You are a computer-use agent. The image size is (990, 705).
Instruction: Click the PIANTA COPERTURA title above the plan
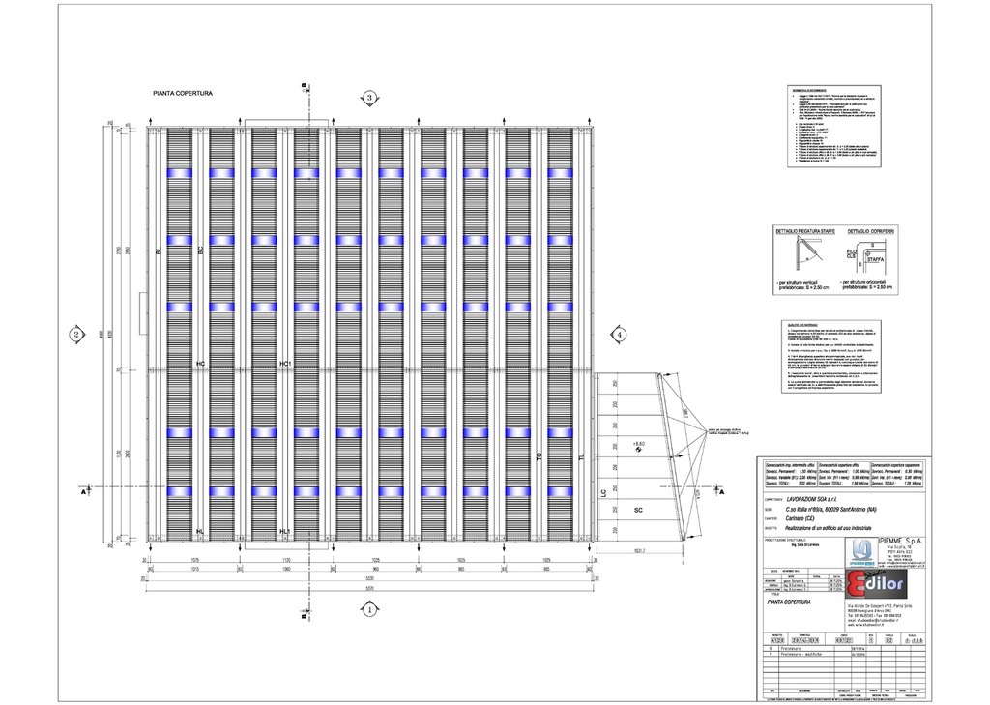click(x=183, y=94)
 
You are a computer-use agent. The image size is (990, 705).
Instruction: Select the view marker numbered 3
click(x=368, y=97)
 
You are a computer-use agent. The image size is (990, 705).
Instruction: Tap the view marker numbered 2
click(x=75, y=335)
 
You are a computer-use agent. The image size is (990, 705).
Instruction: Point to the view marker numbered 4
click(x=618, y=335)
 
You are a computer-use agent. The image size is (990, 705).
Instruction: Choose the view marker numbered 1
click(x=368, y=609)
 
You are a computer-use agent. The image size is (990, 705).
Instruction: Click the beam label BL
click(x=159, y=250)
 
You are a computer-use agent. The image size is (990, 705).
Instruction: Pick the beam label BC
click(x=200, y=250)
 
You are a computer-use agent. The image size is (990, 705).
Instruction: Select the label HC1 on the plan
click(x=285, y=364)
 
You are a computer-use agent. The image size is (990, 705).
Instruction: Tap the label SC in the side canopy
click(x=638, y=509)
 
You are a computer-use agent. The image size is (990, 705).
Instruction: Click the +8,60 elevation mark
click(x=637, y=445)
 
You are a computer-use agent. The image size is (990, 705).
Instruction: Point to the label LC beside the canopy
click(x=602, y=494)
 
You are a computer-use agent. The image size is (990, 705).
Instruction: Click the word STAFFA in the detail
click(x=875, y=259)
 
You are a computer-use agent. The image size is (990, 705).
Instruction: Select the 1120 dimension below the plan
click(x=285, y=560)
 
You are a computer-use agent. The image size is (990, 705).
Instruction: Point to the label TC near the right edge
click(x=539, y=456)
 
